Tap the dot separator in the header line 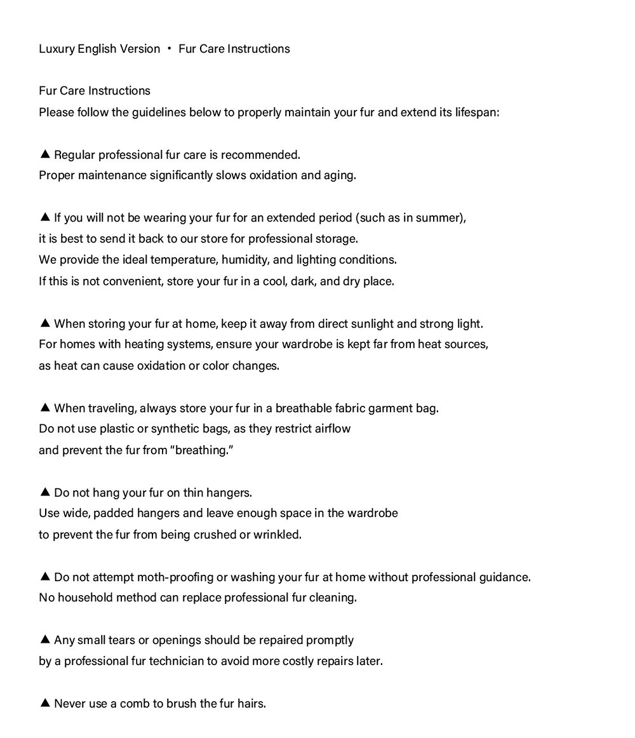coord(170,49)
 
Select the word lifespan coord(477,112)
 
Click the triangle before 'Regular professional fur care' coord(44,154)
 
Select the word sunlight coord(375,323)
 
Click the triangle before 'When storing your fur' coord(44,323)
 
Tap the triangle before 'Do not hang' coord(44,492)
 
